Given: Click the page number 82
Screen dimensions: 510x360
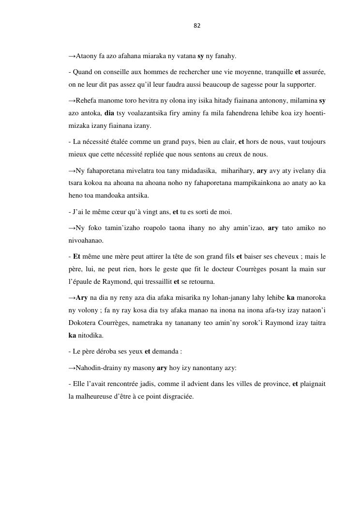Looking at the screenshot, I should pyautogui.click(x=197, y=26).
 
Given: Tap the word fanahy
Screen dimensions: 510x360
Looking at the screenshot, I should pyautogui.click(x=225, y=56).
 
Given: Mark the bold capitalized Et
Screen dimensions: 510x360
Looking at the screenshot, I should pyautogui.click(x=76, y=257).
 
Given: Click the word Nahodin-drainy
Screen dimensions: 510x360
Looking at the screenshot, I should pyautogui.click(x=95, y=368).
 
